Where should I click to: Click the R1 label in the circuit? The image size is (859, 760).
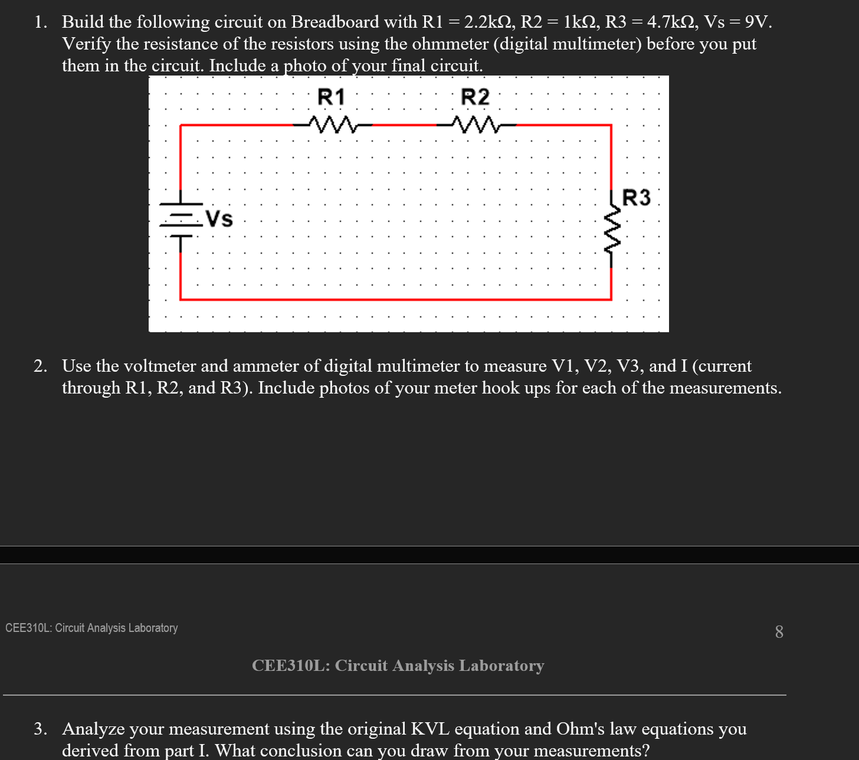pos(331,97)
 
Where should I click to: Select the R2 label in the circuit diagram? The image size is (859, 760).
pos(475,97)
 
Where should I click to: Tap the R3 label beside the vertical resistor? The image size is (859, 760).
pos(637,198)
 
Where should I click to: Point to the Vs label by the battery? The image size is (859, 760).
pos(219,219)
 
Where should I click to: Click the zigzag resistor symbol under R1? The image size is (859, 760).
pos(333,125)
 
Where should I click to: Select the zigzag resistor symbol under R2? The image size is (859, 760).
pos(476,125)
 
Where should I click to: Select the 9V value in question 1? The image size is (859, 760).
pos(758,22)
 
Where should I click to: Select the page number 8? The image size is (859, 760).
pos(779,632)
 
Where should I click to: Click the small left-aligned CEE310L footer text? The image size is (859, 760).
pos(91,628)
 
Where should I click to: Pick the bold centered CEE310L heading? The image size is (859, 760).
pos(398,666)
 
